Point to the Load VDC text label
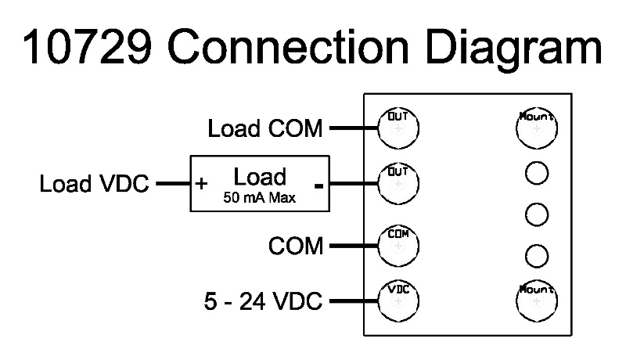pos(94,185)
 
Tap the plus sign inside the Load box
pos(202,185)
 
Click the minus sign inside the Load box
pos(318,185)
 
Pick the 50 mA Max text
pos(260,198)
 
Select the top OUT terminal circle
pos(398,127)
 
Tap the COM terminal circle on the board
pos(398,245)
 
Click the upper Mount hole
pos(536,128)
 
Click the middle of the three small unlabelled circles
pos(536,213)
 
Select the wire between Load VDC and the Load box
pos(173,185)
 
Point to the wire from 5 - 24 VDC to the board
pos(353,301)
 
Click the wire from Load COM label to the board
pos(353,128)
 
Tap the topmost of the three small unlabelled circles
pos(536,172)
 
